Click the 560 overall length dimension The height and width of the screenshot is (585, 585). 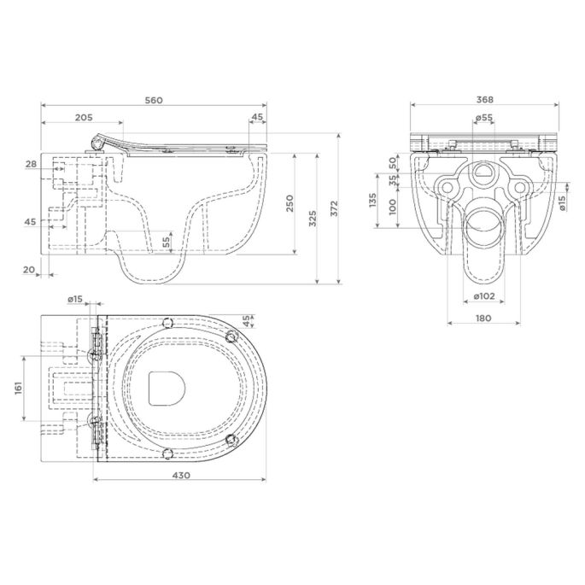[154, 101]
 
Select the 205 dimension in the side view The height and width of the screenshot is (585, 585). [83, 118]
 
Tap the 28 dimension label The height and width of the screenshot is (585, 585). [31, 164]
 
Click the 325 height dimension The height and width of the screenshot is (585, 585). [313, 219]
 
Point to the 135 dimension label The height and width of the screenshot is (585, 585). [371, 201]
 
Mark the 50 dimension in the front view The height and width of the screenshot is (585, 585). [393, 161]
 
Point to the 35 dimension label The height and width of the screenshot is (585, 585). [393, 180]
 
